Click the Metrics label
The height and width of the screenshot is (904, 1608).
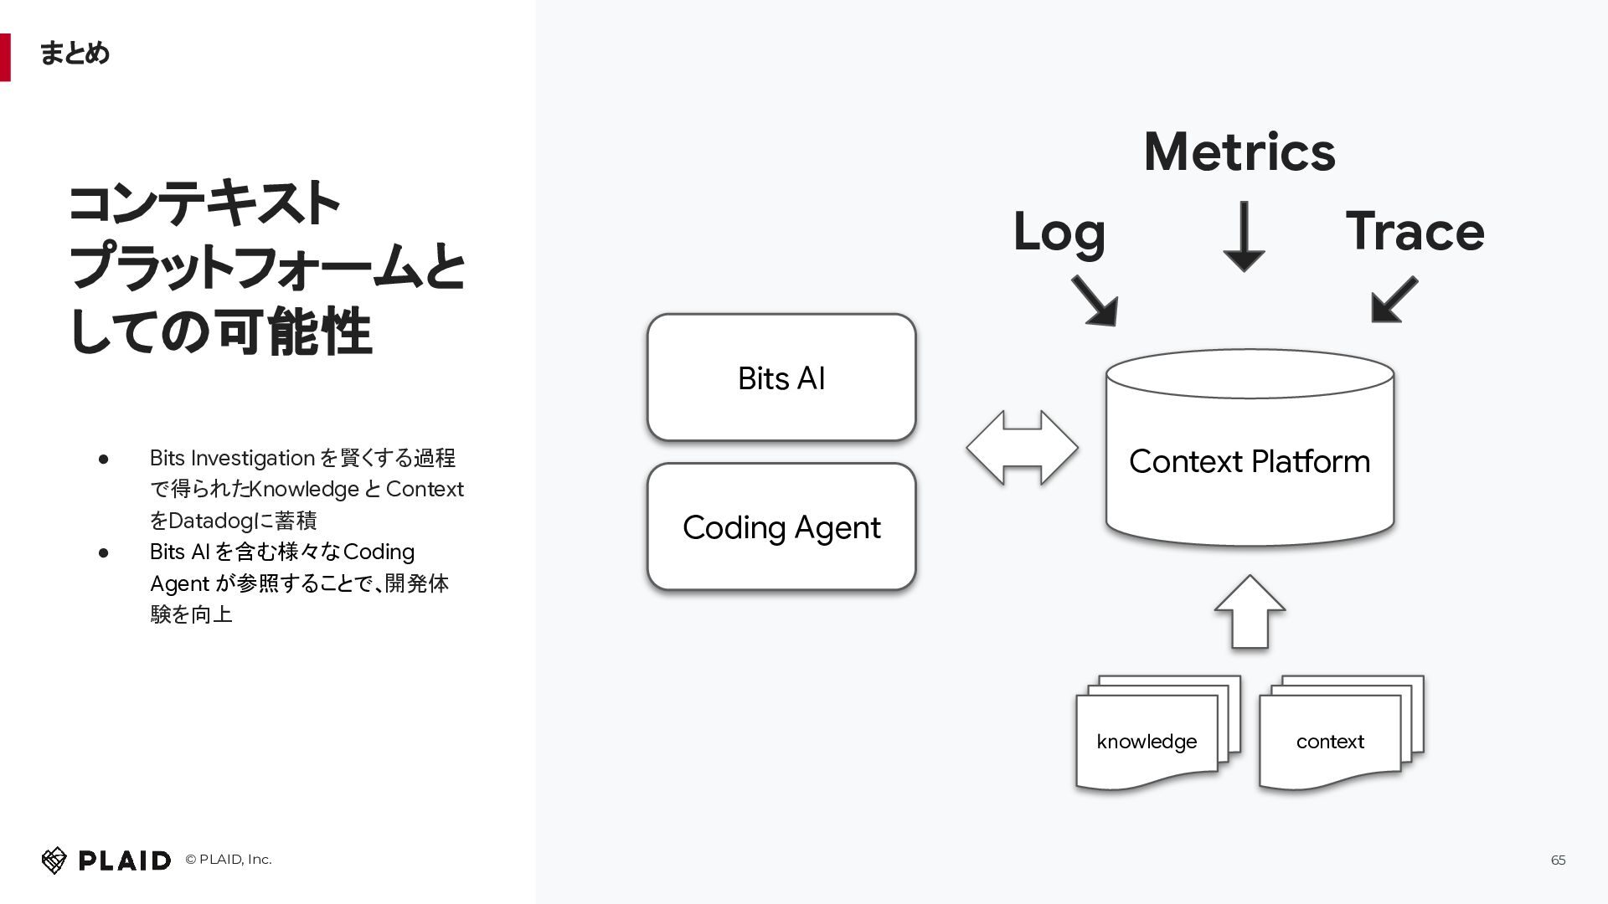click(1239, 152)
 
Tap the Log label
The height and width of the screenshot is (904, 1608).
click(1059, 233)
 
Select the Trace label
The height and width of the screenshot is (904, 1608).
click(1415, 231)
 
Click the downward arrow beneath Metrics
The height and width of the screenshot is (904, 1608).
click(1244, 236)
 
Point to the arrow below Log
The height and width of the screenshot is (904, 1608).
click(1094, 300)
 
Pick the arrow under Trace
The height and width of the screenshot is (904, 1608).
click(1394, 299)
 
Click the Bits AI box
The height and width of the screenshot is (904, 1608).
click(781, 378)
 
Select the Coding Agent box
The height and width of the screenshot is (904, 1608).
click(781, 527)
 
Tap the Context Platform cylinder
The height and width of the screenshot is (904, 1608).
click(1250, 449)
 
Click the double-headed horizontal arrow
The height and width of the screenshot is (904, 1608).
click(1022, 448)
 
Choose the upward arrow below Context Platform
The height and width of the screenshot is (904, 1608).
click(1250, 612)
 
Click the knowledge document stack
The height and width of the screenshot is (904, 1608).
click(1157, 733)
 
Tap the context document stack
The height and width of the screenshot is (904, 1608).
click(1341, 733)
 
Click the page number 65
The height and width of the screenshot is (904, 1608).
click(1558, 860)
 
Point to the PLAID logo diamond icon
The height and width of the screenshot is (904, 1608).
click(54, 860)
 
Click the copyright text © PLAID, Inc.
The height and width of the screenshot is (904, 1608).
click(229, 860)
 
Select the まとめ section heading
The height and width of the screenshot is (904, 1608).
click(75, 54)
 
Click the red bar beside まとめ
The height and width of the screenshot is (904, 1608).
click(5, 57)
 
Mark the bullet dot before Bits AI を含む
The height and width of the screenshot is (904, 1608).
click(104, 552)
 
